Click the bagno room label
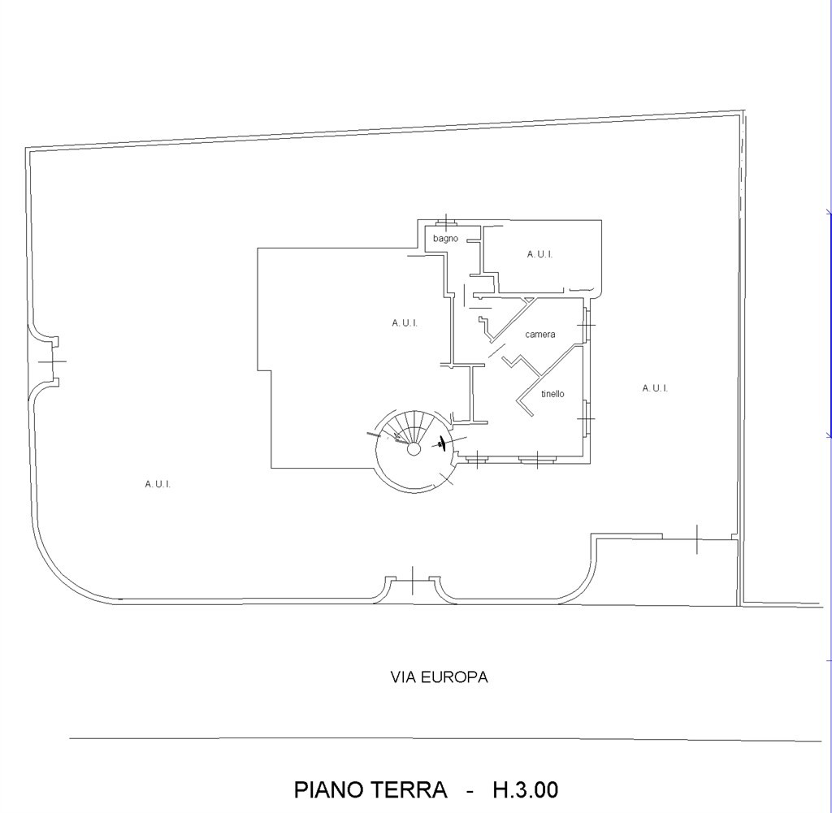coord(445,239)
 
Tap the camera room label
coord(540,334)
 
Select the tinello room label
coord(552,394)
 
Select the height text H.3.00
coord(526,789)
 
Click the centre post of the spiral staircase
coord(414,449)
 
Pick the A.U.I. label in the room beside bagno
coord(539,254)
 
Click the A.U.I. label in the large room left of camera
coord(405,323)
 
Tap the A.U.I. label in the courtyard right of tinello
coord(655,388)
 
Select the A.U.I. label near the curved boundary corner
coord(158,484)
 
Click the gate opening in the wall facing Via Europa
coord(413,579)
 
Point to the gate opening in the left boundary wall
coord(53,361)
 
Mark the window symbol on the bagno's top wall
coord(446,221)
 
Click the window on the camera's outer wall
coord(586,325)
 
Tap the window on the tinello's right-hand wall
coord(586,418)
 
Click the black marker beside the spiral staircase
coord(443,443)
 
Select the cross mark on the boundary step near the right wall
coord(696,539)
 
